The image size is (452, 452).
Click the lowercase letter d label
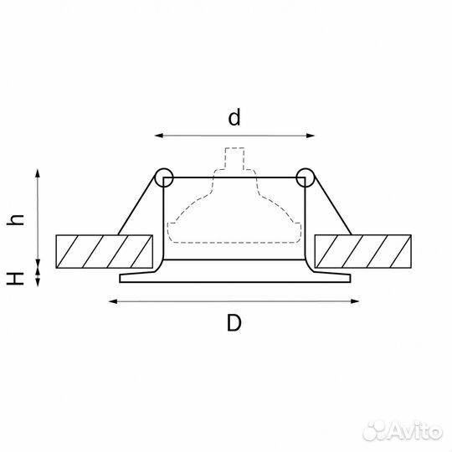coord(234,117)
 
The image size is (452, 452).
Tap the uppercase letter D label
coord(234,323)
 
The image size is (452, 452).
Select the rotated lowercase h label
coord(15,220)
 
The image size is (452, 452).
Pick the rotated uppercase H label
coord(15,279)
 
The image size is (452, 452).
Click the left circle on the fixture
coord(164,177)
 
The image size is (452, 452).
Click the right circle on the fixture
coord(306,177)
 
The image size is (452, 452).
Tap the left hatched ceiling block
coord(105,252)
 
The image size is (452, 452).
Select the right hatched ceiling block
coord(363,252)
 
